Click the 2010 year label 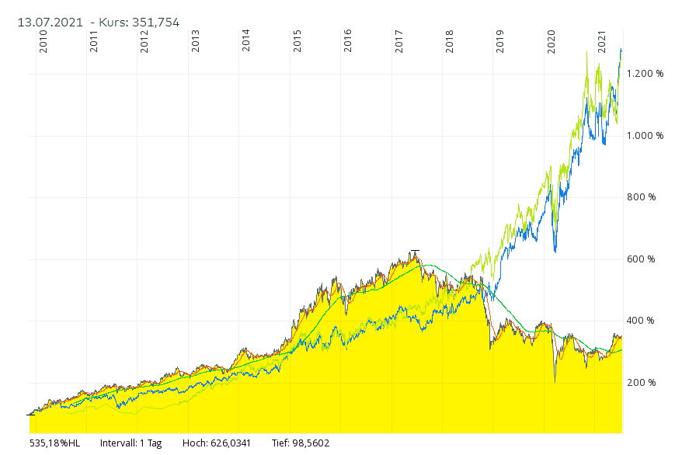tap(43, 41)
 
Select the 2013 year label tap(196, 41)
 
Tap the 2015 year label tap(298, 41)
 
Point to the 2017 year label tap(398, 41)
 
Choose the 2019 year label tap(500, 41)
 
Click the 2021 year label tap(602, 41)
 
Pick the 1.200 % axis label tap(645, 74)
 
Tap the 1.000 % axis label tap(645, 136)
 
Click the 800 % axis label tap(641, 197)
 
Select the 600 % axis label tap(641, 259)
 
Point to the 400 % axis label tap(641, 321)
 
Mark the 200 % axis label tap(641, 383)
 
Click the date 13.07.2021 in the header tap(50, 23)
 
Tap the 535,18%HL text tap(55, 443)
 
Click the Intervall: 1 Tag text tap(130, 443)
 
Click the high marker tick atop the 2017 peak tap(415, 251)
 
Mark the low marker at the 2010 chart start tap(30, 415)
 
